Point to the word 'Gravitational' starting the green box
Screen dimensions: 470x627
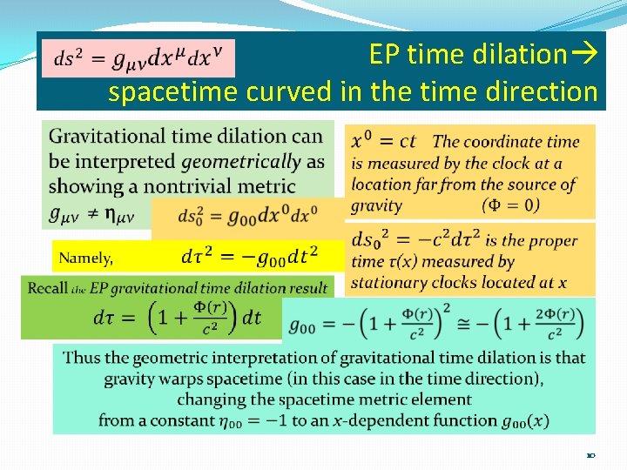pyautogui.click(x=98, y=137)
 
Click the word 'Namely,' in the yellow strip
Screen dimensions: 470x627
pyautogui.click(x=85, y=258)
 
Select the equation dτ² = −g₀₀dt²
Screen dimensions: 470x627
pyautogui.click(x=250, y=256)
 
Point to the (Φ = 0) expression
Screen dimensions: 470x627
pyautogui.click(x=510, y=205)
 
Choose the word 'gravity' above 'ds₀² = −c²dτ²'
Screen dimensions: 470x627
pyautogui.click(x=376, y=205)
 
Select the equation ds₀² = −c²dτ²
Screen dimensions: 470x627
pyautogui.click(x=415, y=240)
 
